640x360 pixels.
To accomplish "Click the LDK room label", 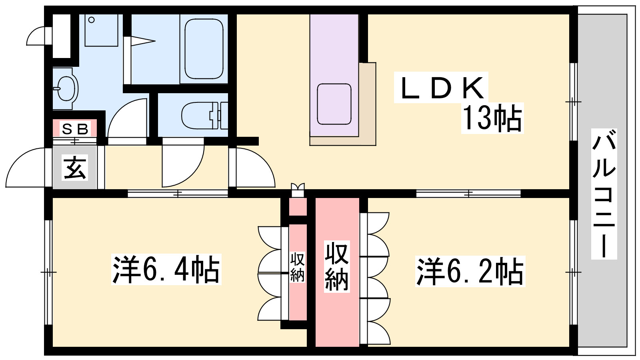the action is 441,87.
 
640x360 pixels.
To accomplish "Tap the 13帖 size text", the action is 492,118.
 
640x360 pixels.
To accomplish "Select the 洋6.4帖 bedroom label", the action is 166,270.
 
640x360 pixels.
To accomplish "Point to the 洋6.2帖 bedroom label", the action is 470,271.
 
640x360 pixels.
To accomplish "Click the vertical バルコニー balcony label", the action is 604,194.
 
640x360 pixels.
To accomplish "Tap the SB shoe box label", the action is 75,129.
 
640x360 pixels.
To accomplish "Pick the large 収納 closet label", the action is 336,266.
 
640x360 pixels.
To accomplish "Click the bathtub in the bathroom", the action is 204,49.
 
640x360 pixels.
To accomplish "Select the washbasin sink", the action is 66,88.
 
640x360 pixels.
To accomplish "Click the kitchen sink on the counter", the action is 334,104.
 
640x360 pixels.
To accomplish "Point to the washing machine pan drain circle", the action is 92,20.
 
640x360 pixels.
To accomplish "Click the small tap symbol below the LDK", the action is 298,190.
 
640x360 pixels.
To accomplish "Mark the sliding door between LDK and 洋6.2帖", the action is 468,194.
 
